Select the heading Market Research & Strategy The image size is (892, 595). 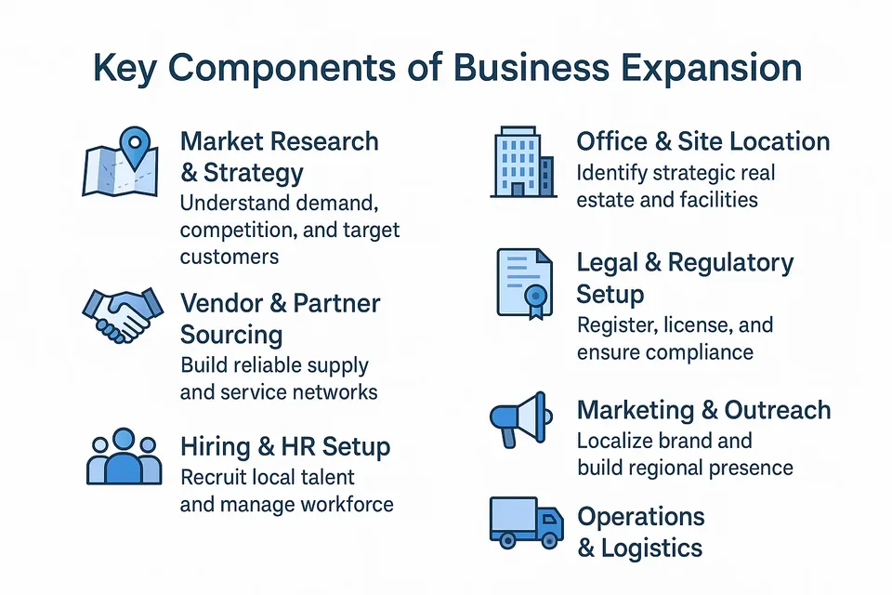(279, 157)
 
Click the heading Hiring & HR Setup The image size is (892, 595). (284, 447)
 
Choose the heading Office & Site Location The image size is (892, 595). (702, 142)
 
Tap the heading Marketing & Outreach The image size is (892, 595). (703, 410)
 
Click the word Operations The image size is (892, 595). (641, 517)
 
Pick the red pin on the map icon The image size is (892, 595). (138, 145)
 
